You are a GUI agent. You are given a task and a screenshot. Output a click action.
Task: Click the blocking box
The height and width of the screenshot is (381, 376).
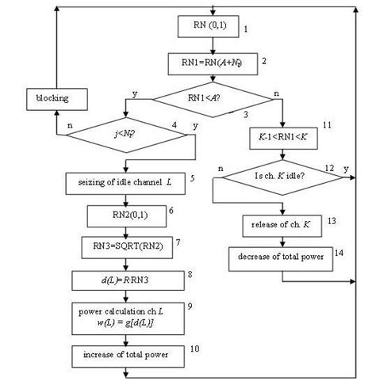pos(53,98)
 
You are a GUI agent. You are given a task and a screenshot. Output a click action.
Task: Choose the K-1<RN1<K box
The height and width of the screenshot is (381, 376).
pos(282,138)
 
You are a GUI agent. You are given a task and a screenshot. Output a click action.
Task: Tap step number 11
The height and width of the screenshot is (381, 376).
pos(327,126)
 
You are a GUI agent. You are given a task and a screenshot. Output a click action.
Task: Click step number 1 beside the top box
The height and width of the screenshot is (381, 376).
pos(247,29)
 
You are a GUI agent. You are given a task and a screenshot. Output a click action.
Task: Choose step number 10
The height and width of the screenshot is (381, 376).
pos(195,348)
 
